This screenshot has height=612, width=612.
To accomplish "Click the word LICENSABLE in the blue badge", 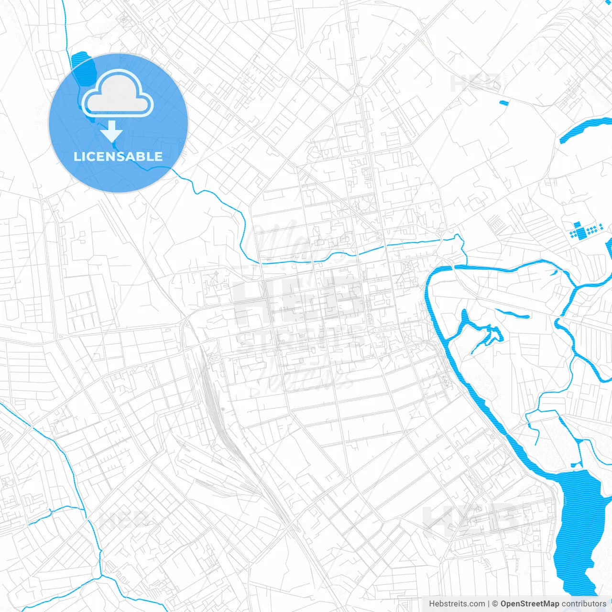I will tap(118, 156).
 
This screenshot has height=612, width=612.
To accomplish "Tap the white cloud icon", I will tap(118, 94).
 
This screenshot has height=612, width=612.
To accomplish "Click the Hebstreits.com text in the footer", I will tap(457, 604).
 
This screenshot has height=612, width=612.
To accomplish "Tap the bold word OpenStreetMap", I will tap(529, 604).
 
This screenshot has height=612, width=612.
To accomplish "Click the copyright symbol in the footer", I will tap(495, 604).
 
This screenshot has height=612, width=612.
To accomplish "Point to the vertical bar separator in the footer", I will tap(488, 604).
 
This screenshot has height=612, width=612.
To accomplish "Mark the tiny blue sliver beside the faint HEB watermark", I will tap(504, 102).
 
